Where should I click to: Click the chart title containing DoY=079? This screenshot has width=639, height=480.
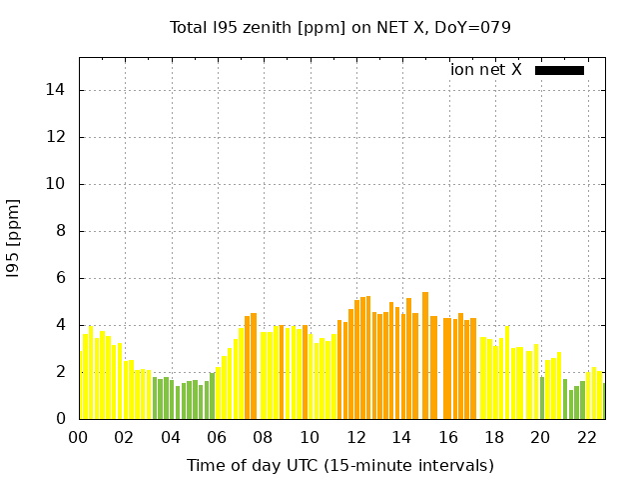(x=340, y=27)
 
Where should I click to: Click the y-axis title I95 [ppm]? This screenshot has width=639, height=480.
(x=14, y=238)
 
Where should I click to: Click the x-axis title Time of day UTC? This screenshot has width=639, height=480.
(x=340, y=465)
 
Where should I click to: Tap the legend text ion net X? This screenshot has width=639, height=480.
(x=486, y=70)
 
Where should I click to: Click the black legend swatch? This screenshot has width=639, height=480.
(x=559, y=70)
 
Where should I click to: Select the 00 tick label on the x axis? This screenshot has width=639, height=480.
(x=79, y=437)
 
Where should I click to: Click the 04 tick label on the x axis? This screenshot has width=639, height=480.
(x=171, y=437)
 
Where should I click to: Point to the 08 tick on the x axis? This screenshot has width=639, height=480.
(x=264, y=437)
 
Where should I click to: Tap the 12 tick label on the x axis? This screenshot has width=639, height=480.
(x=355, y=437)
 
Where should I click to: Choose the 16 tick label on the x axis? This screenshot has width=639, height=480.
(x=448, y=437)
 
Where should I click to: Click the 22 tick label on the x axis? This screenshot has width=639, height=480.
(x=587, y=437)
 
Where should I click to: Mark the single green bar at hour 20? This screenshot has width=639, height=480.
(x=542, y=398)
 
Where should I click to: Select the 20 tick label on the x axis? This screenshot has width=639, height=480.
(x=540, y=437)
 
